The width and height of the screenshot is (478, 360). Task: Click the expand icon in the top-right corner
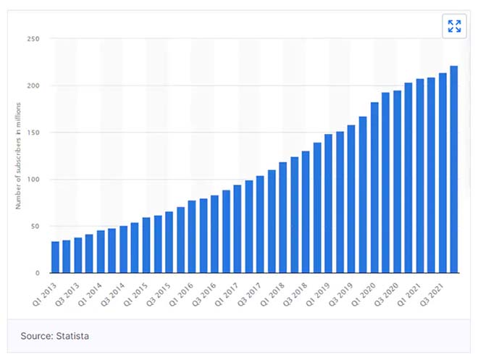coord(454,27)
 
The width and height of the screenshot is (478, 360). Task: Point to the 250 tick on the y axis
coord(33,39)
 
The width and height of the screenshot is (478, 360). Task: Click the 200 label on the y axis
coord(33,86)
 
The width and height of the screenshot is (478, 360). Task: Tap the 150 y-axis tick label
coord(33,133)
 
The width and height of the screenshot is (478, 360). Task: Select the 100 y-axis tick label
coord(33,180)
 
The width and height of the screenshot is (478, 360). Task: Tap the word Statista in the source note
coord(73,336)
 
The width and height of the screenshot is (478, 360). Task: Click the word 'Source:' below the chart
coord(36,336)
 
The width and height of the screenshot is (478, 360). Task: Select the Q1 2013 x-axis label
coord(44,291)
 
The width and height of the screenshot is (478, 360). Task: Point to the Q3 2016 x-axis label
coord(204,291)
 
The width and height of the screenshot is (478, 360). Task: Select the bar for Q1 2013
coord(55,257)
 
